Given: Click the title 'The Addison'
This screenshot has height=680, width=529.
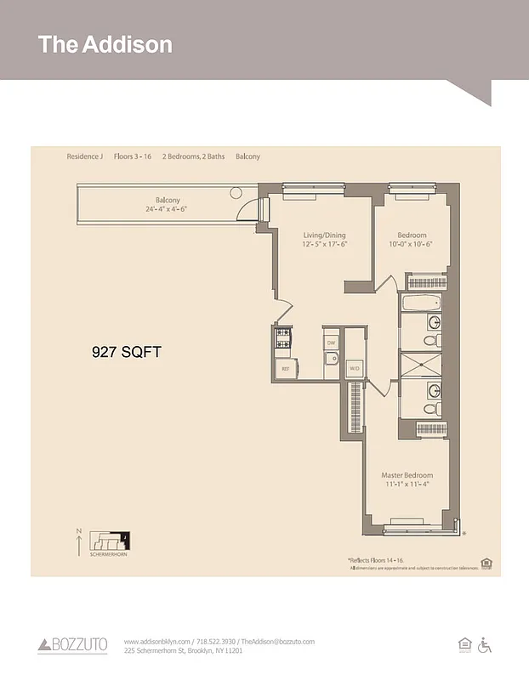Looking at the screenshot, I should coord(105,44).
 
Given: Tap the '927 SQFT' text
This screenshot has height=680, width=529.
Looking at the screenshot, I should coord(127,350).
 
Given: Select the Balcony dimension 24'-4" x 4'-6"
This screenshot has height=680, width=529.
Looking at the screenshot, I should coord(167,209).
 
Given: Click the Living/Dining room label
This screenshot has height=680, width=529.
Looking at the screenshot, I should coord(325,235).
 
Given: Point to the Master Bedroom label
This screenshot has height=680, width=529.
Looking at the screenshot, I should coord(407,475).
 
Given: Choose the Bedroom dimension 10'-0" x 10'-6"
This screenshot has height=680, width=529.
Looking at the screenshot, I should coord(412,244).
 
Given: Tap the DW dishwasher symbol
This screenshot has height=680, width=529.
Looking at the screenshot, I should coord(331,342).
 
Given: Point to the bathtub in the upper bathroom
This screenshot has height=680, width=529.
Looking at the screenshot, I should coord(422,303).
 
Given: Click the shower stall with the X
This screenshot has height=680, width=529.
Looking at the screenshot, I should coord(421,364).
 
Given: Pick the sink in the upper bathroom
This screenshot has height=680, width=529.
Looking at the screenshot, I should coord(434,322).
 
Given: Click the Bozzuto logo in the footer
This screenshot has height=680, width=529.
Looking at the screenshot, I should coord(72,645).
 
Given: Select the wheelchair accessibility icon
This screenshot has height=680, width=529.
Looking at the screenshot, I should coord(486,645).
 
